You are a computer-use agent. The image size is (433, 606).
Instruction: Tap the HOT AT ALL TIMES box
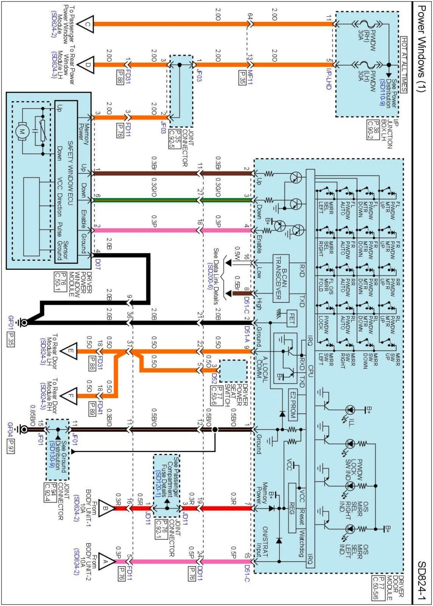(x=404, y=64)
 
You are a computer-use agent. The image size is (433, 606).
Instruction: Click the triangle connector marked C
(x=86, y=24)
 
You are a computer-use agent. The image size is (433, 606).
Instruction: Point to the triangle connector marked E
(x=69, y=351)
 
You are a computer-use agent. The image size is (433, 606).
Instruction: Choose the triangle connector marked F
(x=69, y=396)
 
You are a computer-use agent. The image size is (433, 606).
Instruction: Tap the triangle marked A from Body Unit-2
(x=107, y=561)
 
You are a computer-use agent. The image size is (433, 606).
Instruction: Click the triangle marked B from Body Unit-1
(x=107, y=508)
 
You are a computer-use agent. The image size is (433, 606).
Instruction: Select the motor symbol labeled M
(x=22, y=132)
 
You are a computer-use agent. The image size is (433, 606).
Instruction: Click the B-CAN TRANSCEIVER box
(x=281, y=278)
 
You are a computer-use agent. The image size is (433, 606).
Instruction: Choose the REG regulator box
(x=292, y=508)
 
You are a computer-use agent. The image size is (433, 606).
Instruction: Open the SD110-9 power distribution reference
(x=382, y=92)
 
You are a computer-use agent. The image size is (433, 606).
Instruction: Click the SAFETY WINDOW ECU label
(x=70, y=173)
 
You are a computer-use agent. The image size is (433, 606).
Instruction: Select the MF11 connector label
(x=250, y=77)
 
